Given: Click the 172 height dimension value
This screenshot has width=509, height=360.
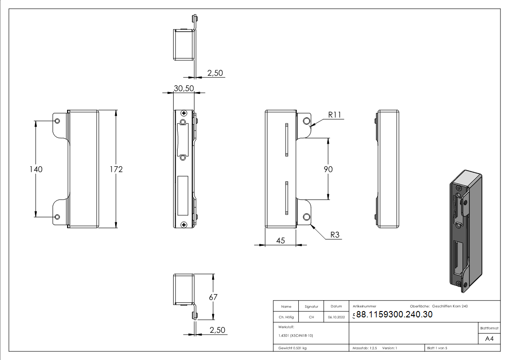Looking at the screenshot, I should point(116,169).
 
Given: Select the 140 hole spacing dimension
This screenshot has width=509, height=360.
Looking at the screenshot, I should point(36,169).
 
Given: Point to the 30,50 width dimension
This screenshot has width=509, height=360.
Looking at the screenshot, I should point(184,89).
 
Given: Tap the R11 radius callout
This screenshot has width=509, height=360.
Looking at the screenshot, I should point(334,114).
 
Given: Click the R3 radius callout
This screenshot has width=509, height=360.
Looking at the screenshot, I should point(335,235).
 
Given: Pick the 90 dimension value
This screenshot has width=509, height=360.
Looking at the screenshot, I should point(328,169).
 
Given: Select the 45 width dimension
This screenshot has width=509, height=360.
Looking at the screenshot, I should point(280,241).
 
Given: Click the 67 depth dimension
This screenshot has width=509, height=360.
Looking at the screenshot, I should point(213,297).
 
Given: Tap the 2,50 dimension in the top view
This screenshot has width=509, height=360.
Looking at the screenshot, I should point(215,73).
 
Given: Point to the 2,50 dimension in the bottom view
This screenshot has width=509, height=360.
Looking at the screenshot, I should point(218,331).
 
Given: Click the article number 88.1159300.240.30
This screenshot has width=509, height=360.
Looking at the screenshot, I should point(394,315).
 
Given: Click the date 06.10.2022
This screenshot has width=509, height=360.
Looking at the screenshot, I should point(336,317).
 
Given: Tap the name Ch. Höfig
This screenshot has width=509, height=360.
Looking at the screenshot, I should point(286,317).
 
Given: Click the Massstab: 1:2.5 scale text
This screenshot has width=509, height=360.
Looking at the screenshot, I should point(364,348).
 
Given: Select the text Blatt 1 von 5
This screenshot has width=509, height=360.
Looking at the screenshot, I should point(437,348).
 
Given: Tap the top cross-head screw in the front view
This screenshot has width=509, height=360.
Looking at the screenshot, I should point(184,113).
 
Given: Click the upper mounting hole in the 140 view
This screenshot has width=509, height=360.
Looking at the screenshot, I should point(57,121).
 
